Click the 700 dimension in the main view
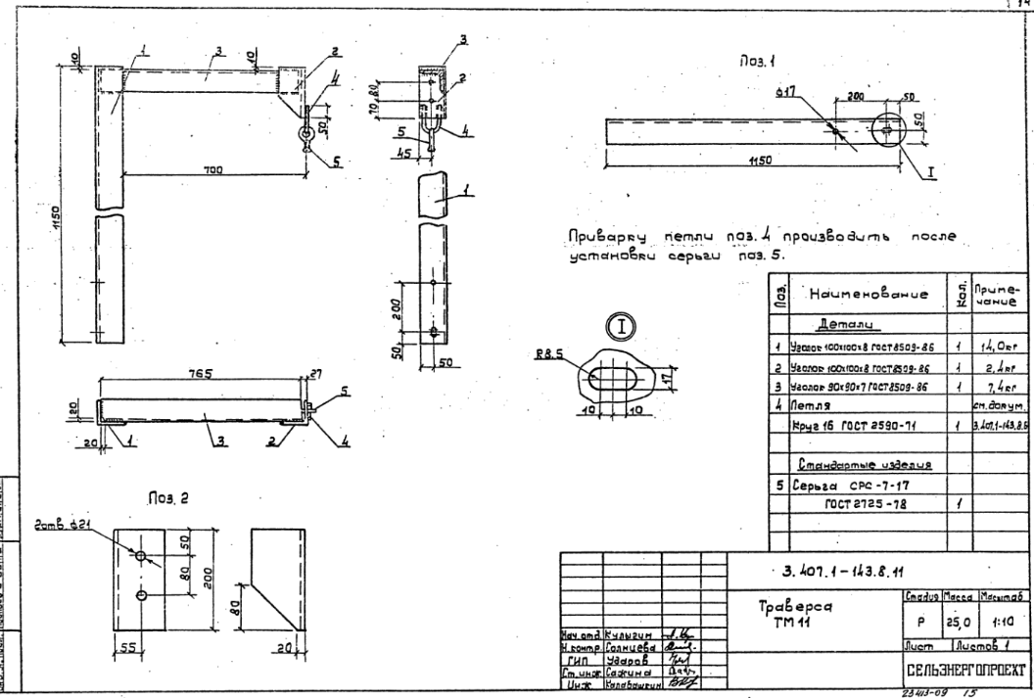[x=211, y=169]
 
